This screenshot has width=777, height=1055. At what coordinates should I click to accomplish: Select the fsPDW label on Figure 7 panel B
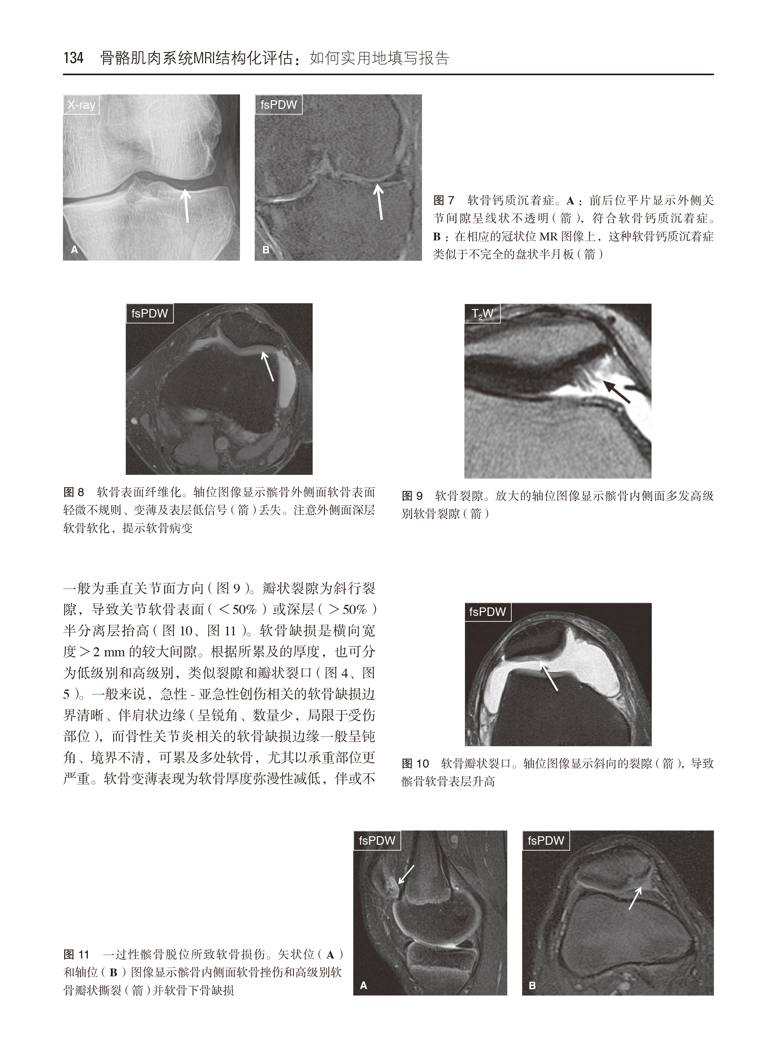tap(279, 104)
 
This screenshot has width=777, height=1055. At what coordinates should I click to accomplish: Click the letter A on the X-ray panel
tap(74, 250)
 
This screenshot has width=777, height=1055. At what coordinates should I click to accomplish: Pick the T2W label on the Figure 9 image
tap(482, 314)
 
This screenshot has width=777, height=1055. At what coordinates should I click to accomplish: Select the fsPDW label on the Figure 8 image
tap(149, 313)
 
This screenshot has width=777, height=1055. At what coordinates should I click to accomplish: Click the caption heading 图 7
tap(444, 201)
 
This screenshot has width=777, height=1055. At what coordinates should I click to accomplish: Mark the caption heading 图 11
tap(76, 954)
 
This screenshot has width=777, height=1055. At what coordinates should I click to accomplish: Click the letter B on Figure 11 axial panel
tap(532, 985)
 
